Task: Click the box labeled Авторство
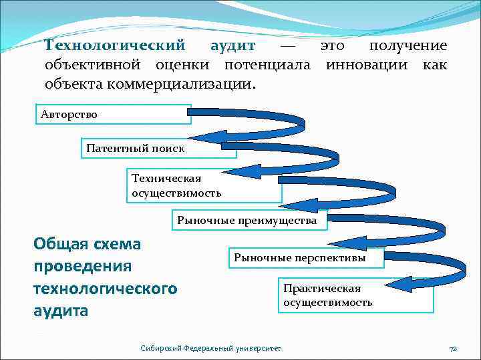pos(114,114)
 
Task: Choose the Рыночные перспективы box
pos(307,257)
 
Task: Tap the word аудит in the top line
pos(232,46)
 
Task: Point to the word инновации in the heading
pos(369,65)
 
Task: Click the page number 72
pos(452,348)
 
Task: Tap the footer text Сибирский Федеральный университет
pos(211,348)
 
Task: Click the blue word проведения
pos(82,266)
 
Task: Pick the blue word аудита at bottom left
pos(61,310)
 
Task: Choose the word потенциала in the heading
pos(267,65)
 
